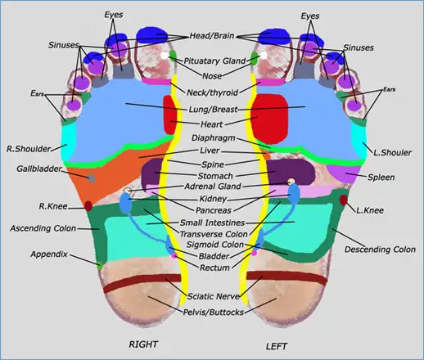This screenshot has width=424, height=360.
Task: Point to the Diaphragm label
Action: click(214, 137)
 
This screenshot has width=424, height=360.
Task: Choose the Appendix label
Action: click(47, 254)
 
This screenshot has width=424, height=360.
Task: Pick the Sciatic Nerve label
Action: click(213, 296)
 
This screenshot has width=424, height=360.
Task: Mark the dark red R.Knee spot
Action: click(88, 205)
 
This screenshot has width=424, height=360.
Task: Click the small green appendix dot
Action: click(99, 265)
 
